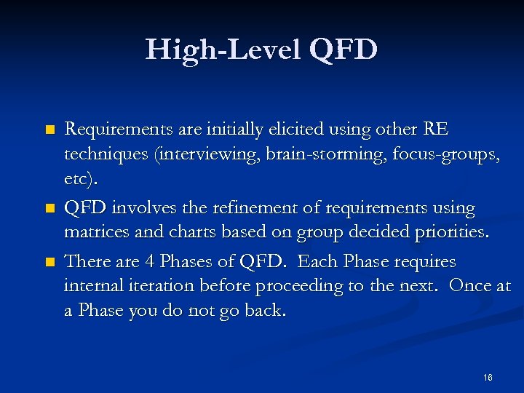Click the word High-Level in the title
(x=223, y=49)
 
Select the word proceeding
(x=300, y=287)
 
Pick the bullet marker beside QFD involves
(x=49, y=209)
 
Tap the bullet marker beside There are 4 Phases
(x=49, y=261)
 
